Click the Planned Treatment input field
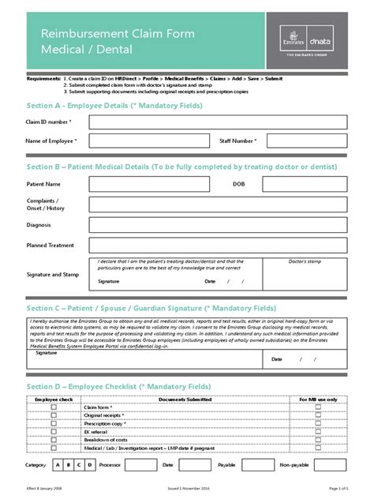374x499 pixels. click(x=219, y=246)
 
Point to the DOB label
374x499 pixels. click(x=239, y=184)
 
